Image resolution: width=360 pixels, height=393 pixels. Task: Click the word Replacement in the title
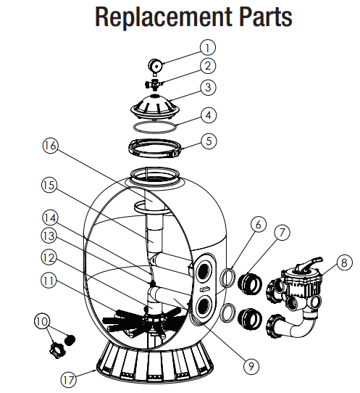pos(163,17)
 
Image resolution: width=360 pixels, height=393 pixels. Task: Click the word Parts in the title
pos(265,17)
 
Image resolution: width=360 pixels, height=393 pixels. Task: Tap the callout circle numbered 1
pos(208,48)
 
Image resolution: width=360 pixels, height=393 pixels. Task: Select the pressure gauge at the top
pos(156,67)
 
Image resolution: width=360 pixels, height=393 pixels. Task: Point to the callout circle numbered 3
pos(208,88)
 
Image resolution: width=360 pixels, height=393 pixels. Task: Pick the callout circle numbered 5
pos(209,141)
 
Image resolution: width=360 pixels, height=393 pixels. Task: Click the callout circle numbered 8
pos(344,262)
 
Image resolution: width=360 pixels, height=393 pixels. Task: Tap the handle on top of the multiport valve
pos(307,264)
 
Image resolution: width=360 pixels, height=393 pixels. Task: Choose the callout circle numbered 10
pos(42,321)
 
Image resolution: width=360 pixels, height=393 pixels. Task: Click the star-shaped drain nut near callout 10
pos(57,350)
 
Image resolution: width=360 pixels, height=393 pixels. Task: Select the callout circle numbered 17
pos(69,379)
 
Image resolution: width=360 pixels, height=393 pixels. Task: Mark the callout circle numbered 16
pos(50,146)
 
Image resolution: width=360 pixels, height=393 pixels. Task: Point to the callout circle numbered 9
pos(251,366)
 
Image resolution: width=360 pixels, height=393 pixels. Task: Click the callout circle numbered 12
pos(49,257)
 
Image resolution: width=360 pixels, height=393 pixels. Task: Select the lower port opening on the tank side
pos(204,306)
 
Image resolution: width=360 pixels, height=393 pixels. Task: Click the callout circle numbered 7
pos(282,232)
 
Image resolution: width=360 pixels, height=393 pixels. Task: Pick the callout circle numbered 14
pos(50,218)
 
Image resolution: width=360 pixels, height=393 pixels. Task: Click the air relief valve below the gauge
pos(154,84)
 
